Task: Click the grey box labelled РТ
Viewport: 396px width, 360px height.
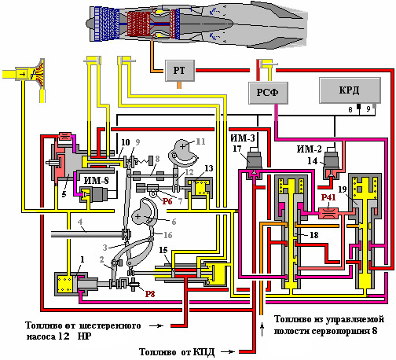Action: point(180,71)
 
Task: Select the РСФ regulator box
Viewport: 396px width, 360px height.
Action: point(268,93)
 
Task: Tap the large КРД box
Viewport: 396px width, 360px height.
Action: point(350,90)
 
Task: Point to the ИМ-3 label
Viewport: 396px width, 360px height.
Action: point(243,138)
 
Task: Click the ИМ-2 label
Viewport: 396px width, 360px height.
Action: point(309,149)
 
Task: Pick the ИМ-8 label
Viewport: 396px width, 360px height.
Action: point(96,181)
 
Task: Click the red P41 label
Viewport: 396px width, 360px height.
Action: point(328,197)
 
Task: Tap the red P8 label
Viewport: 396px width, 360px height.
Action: point(150,294)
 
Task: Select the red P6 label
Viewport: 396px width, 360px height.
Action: point(167,201)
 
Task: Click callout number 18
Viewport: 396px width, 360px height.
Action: point(314,235)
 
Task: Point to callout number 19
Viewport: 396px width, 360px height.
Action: point(343,189)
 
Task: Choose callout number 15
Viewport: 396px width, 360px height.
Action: point(163,250)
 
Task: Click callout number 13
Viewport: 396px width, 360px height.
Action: point(209,168)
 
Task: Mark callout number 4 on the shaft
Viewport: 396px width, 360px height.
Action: point(80,222)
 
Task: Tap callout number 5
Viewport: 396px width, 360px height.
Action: point(64,194)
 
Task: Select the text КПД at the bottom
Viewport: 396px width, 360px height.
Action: point(203,352)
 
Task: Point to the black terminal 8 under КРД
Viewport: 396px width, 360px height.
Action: point(359,106)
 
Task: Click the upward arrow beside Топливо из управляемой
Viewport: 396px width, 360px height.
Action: point(262,329)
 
